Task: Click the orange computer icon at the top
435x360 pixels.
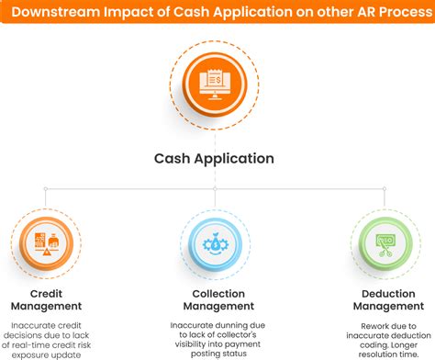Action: coord(218,84)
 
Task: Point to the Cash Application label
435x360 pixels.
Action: coord(213,158)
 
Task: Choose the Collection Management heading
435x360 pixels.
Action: coord(218,299)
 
